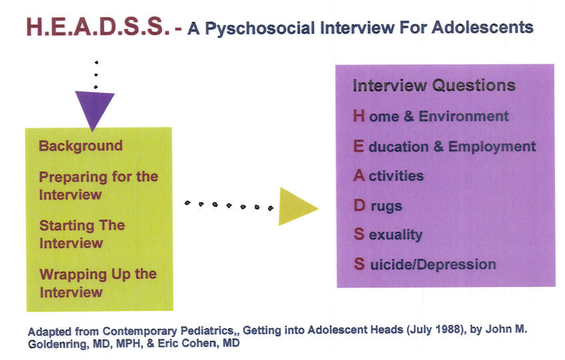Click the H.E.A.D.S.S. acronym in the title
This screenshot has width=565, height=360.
coord(98,27)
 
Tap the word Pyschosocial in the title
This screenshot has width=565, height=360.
coord(260,29)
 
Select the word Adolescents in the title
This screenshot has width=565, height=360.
coord(483,27)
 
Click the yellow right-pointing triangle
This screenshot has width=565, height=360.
coord(298,207)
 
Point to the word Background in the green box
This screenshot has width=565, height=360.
coord(81,146)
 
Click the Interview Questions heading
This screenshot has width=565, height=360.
coord(434,86)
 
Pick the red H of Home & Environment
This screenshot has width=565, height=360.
coord(359,116)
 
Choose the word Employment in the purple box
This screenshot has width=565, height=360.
coord(492,147)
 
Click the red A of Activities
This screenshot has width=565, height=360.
coord(359,176)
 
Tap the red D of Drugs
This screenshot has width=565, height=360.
coord(359,205)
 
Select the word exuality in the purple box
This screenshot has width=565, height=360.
coord(396,235)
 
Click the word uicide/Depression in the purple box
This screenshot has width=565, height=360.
coord(433,265)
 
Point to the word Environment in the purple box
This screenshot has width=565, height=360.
coord(463,116)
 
